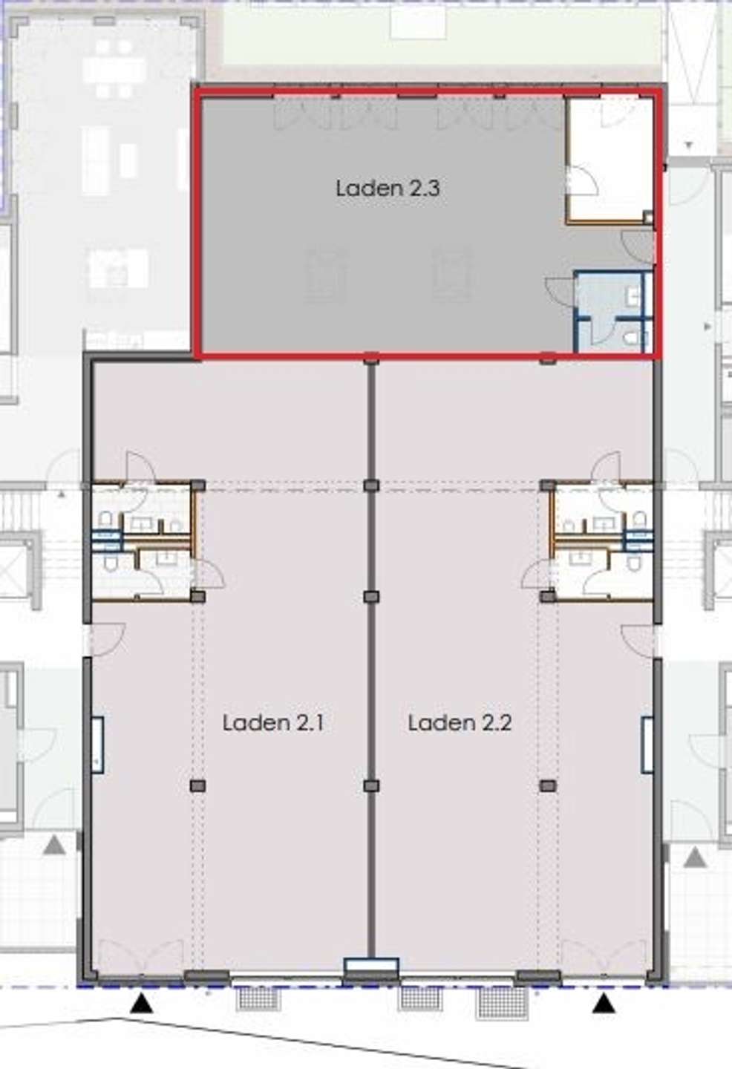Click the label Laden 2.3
388,188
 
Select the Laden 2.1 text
273,722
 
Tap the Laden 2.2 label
460,722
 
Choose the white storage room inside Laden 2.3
610,160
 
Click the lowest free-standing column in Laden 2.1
197,785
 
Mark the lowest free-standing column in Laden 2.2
548,785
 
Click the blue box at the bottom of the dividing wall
371,965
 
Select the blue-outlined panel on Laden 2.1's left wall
97,745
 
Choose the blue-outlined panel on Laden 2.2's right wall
647,745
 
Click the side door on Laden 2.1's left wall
106,639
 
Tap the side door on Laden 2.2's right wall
638,639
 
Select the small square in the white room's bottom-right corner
648,217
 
